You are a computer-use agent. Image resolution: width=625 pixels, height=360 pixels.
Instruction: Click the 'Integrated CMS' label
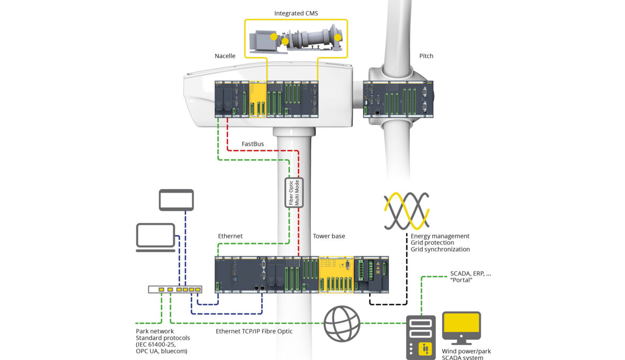tap(296, 13)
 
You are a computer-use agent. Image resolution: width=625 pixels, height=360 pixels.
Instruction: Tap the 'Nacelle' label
tap(225, 56)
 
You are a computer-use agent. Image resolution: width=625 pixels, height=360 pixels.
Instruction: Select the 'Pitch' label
tap(426, 56)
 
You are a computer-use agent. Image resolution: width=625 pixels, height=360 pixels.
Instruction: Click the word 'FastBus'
tap(253, 144)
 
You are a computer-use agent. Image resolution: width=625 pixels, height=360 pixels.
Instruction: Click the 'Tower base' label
tap(328, 236)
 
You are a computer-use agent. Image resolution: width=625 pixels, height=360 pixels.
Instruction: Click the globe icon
tap(342, 323)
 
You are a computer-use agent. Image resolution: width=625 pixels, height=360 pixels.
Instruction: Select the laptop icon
tap(156, 237)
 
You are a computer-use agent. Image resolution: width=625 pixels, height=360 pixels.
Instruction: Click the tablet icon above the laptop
tap(176, 200)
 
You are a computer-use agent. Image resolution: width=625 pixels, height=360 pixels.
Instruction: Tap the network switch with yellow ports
tap(175, 290)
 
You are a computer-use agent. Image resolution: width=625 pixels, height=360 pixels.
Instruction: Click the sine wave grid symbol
tap(406, 211)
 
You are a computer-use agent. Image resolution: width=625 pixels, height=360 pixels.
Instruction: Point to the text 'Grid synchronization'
tap(440, 249)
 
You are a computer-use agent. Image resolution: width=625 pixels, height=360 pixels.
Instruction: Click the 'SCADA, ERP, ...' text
tap(470, 274)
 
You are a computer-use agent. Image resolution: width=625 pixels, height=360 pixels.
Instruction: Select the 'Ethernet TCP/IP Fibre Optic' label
tap(254, 331)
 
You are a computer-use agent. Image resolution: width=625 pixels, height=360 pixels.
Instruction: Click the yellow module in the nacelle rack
tap(257, 99)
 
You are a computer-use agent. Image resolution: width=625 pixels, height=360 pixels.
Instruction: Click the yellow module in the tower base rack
tap(336, 275)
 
